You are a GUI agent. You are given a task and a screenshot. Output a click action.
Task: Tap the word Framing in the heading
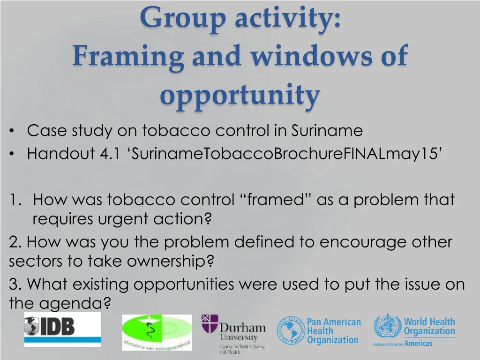pyautogui.click(x=128, y=57)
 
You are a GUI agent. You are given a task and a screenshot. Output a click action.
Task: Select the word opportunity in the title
pyautogui.click(x=240, y=96)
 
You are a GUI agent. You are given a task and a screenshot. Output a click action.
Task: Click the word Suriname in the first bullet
pyautogui.click(x=327, y=130)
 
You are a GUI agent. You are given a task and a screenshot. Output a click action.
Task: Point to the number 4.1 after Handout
pyautogui.click(x=110, y=153)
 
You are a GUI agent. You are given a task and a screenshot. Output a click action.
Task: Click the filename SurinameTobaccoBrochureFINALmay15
pyautogui.click(x=285, y=153)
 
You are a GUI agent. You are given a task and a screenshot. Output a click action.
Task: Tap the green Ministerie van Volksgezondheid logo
pyautogui.click(x=157, y=332)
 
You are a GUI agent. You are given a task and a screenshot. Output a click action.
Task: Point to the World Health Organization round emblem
pyautogui.click(x=387, y=326)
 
